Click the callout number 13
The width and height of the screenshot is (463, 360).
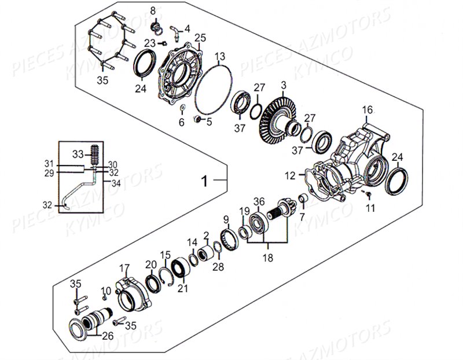220,56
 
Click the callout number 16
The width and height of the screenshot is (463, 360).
368,110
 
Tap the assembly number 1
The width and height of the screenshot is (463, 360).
204,181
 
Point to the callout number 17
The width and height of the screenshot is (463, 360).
124,268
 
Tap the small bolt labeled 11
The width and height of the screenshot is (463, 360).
367,194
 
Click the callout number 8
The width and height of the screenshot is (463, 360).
153,10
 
